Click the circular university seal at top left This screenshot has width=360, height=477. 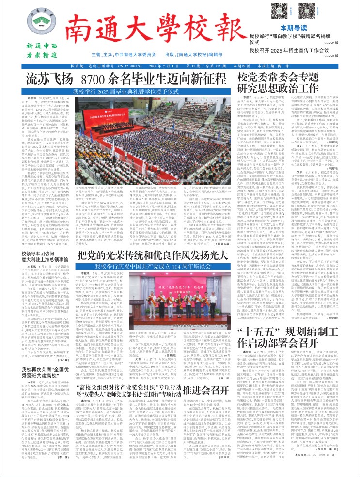pos(35,22)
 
